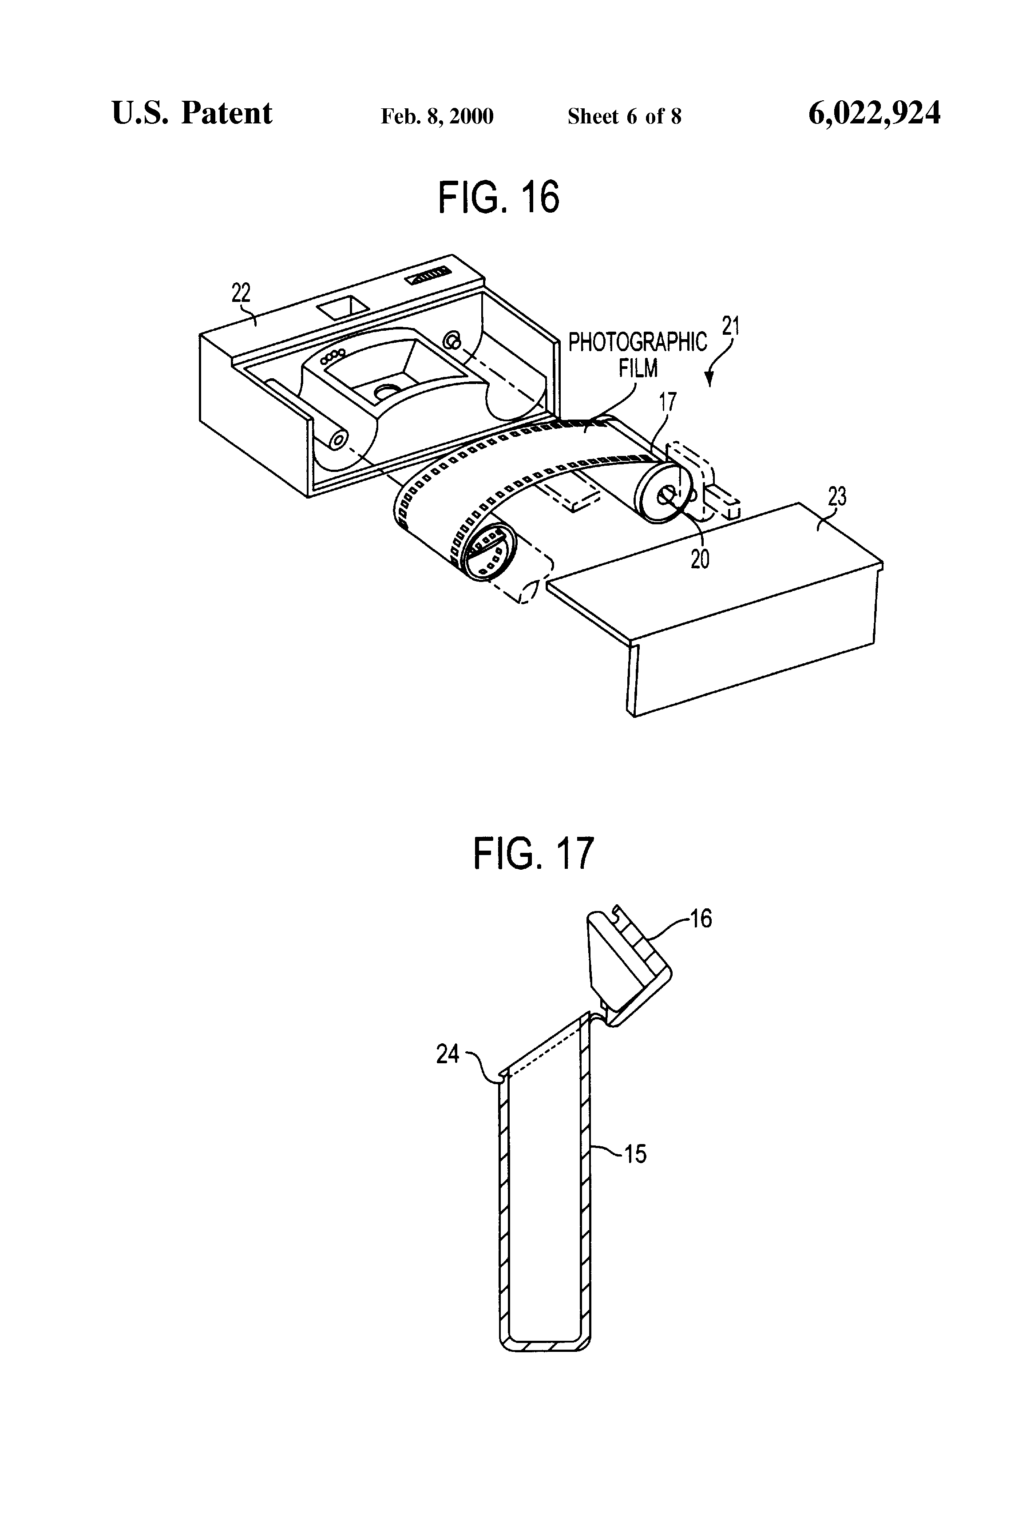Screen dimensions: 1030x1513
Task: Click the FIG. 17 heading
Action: [x=534, y=853]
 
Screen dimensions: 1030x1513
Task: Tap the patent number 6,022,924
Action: [x=875, y=113]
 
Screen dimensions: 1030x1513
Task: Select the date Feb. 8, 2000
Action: [x=437, y=116]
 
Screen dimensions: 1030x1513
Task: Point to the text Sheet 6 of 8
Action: [x=624, y=116]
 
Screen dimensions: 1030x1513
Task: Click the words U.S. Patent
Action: [x=192, y=113]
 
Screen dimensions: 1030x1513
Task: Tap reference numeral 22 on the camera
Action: [x=241, y=293]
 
